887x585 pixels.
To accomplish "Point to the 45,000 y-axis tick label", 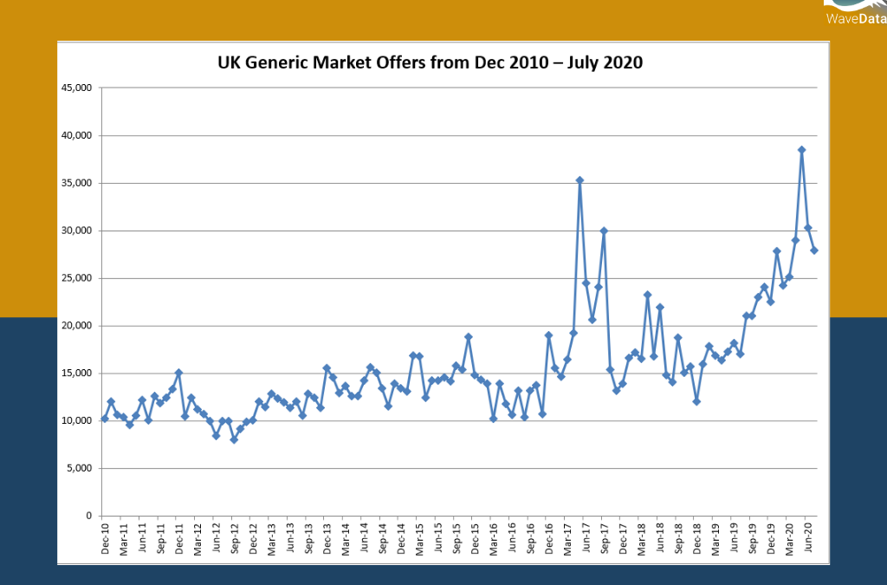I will click(x=77, y=88).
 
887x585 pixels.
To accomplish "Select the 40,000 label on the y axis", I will click(x=77, y=135).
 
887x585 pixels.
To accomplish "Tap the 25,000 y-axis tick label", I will click(x=77, y=278).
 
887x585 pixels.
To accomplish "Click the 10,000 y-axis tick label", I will click(x=77, y=421).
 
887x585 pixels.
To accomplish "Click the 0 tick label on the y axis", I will click(x=88, y=517).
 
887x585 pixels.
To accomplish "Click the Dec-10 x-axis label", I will click(x=105, y=540).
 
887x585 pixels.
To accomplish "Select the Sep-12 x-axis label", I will click(x=234, y=540).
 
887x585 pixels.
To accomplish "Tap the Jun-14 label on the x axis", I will click(x=364, y=540).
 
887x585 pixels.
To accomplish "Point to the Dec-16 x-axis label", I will click(x=548, y=540).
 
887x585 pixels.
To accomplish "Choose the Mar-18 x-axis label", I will click(x=641, y=540).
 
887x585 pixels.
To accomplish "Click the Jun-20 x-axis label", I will click(x=807, y=540).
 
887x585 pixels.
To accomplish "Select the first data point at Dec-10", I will click(x=105, y=419).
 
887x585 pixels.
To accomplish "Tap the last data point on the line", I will click(x=814, y=250).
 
